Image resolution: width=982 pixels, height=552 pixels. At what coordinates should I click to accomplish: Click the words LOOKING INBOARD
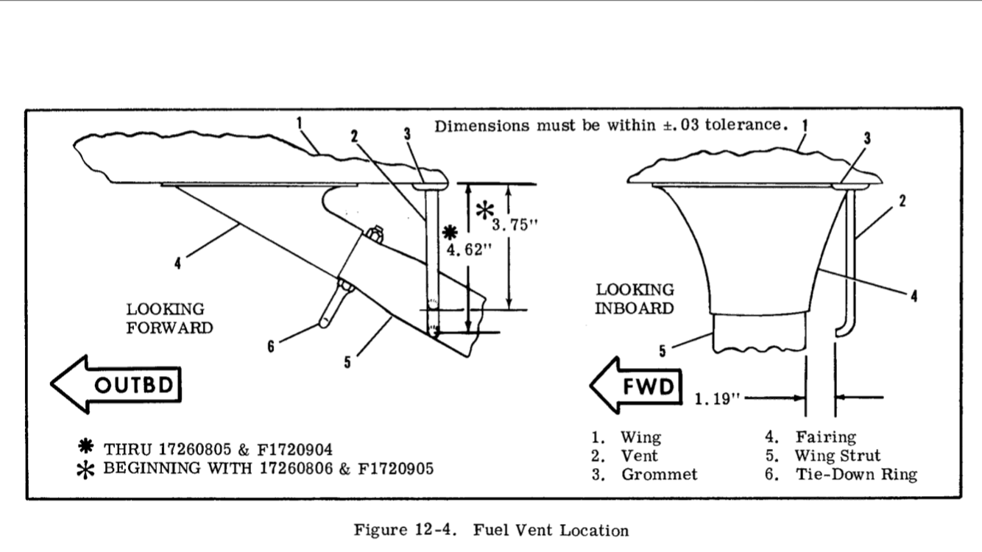pyautogui.click(x=634, y=299)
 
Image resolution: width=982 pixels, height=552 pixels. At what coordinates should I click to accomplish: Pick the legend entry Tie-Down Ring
pyautogui.click(x=856, y=474)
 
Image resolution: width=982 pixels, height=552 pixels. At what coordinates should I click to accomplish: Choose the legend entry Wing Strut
pyautogui.click(x=837, y=456)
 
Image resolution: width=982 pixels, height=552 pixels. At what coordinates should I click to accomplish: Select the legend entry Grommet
pyautogui.click(x=659, y=474)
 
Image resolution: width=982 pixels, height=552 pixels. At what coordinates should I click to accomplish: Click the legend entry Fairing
pyautogui.click(x=825, y=437)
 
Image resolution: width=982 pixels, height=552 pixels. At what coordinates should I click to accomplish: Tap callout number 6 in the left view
pyautogui.click(x=270, y=347)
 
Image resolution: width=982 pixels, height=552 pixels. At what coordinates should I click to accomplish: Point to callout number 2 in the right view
pyautogui.click(x=902, y=203)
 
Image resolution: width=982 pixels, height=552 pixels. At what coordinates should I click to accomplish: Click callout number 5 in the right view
pyautogui.click(x=662, y=352)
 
